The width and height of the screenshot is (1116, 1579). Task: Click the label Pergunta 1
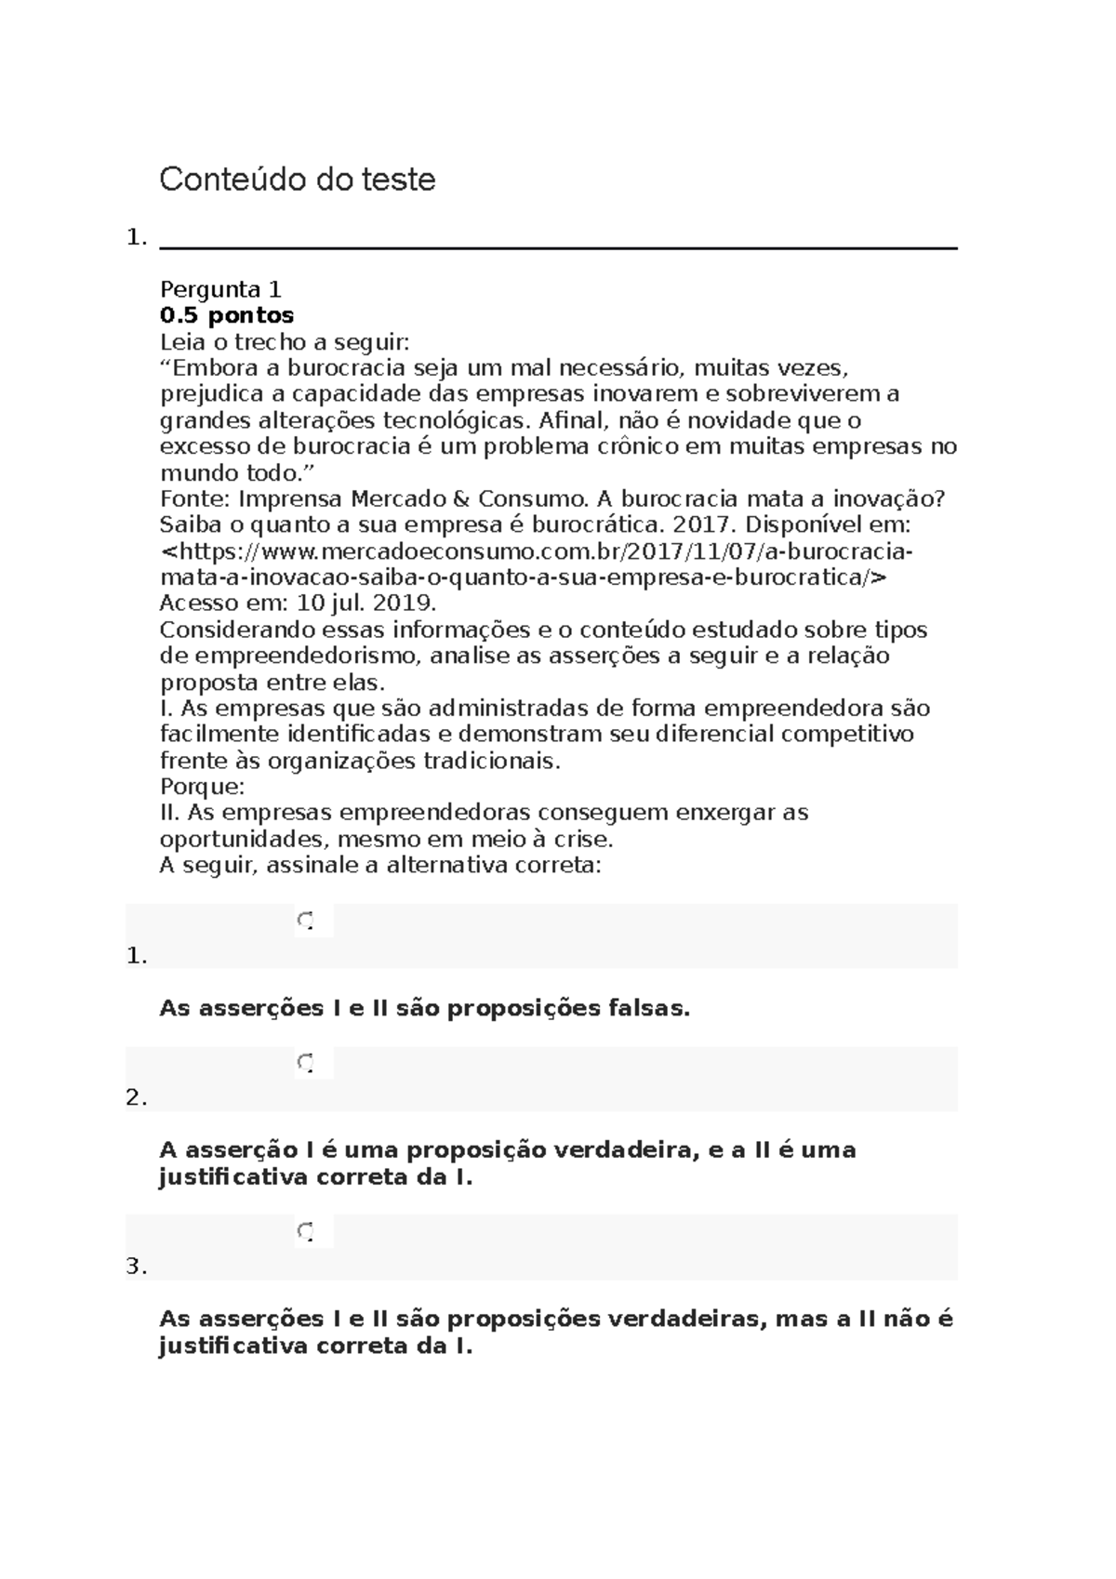tap(220, 289)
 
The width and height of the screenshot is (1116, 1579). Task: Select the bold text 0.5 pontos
tap(227, 315)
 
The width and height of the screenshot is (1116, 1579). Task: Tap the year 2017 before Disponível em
tap(698, 524)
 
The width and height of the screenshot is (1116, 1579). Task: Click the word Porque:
tap(202, 787)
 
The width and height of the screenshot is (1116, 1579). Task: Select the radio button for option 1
tap(306, 921)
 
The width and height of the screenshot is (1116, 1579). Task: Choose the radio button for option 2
tap(306, 1062)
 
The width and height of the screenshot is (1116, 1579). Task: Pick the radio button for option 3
tap(306, 1231)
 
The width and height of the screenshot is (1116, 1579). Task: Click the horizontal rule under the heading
tap(558, 247)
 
